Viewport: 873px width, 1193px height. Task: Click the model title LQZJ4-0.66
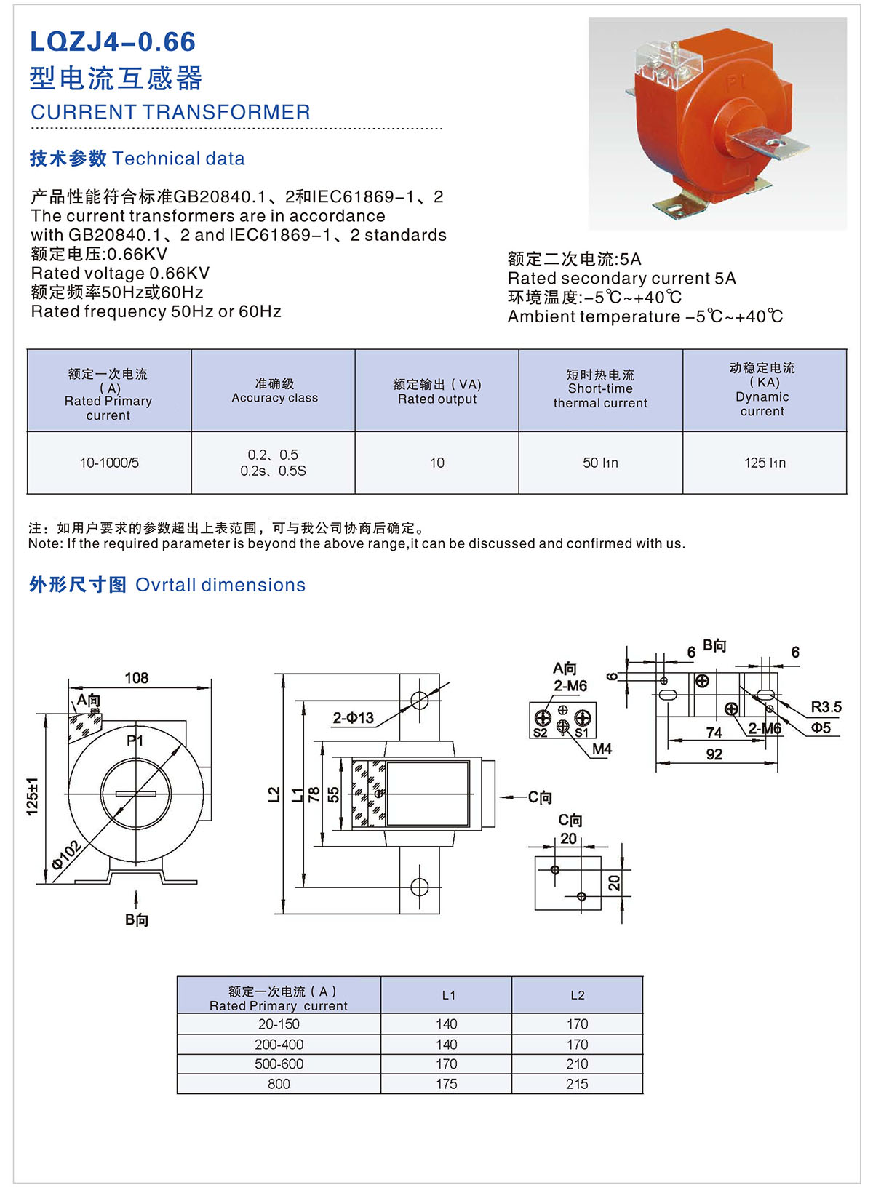113,42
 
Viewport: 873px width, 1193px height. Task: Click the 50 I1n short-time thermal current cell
600,463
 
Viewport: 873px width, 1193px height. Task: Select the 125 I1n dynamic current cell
765,463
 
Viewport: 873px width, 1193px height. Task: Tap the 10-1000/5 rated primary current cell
109,463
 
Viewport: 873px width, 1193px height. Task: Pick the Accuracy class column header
274,391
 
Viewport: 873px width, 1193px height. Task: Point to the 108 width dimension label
136,678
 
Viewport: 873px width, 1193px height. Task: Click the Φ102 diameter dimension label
66,855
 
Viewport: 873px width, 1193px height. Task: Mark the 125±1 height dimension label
33,796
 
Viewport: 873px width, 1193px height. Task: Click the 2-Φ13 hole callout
353,718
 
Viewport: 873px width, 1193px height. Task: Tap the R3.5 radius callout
826,707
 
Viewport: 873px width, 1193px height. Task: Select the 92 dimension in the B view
714,754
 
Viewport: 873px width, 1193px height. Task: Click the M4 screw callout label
602,749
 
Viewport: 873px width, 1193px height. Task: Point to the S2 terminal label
540,733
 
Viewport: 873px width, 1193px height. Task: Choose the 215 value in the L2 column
577,1084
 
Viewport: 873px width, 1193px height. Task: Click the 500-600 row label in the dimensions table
279,1064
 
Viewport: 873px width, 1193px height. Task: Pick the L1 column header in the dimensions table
448,995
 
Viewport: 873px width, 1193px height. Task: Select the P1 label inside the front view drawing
135,741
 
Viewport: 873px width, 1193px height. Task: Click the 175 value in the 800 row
447,1084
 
